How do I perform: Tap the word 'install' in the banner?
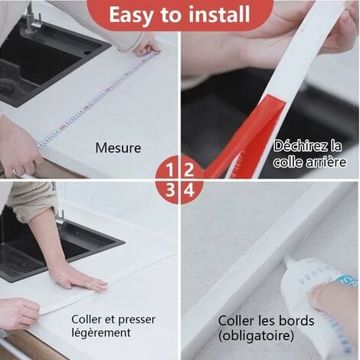click(x=218, y=15)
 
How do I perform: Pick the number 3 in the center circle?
click(x=172, y=188)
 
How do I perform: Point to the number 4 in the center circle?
click(x=188, y=188)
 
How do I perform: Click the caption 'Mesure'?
click(x=118, y=148)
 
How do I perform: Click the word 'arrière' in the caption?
click(x=326, y=162)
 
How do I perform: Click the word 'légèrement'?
click(x=101, y=333)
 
